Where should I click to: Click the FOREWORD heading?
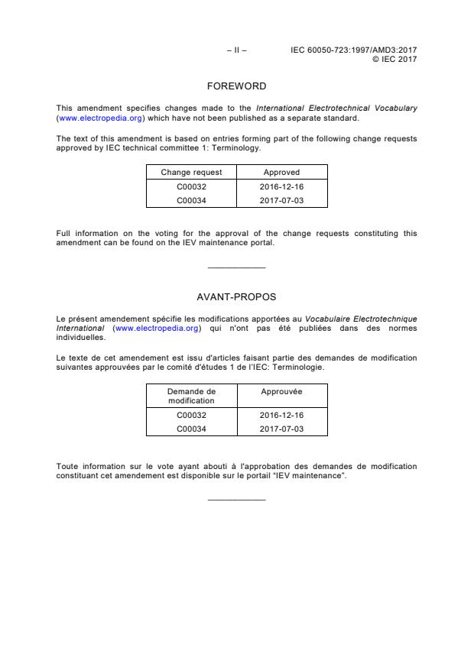[236, 86]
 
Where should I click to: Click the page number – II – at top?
[236, 50]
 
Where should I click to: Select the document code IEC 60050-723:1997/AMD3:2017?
[353, 50]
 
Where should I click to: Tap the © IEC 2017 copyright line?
[394, 59]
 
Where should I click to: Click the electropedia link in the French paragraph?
[157, 328]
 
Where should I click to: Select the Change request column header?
[191, 173]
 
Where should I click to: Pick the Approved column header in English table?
[281, 173]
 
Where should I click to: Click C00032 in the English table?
[191, 186]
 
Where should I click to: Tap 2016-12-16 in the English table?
[281, 186]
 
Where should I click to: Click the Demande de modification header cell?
[191, 396]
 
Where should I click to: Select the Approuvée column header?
[281, 391]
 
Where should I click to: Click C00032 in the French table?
[191, 416]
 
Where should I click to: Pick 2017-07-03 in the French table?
[281, 429]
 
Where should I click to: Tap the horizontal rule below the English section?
[236, 267]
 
